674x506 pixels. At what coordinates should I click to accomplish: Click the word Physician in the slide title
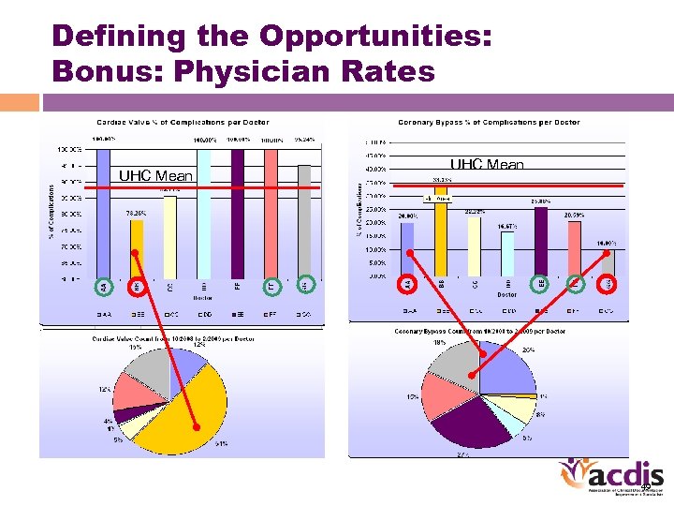tap(260, 71)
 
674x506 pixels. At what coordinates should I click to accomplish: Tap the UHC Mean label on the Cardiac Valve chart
tap(155, 176)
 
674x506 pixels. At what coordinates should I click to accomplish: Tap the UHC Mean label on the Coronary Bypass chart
tap(487, 165)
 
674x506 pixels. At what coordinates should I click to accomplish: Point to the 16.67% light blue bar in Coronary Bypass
tap(507, 253)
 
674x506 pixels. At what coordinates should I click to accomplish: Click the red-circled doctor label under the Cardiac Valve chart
tap(137, 284)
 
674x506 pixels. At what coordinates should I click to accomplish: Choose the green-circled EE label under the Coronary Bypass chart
tap(541, 282)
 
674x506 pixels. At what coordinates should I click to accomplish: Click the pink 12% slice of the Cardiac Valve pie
tap(136, 389)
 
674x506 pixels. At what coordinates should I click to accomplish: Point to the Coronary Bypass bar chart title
tap(489, 122)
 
